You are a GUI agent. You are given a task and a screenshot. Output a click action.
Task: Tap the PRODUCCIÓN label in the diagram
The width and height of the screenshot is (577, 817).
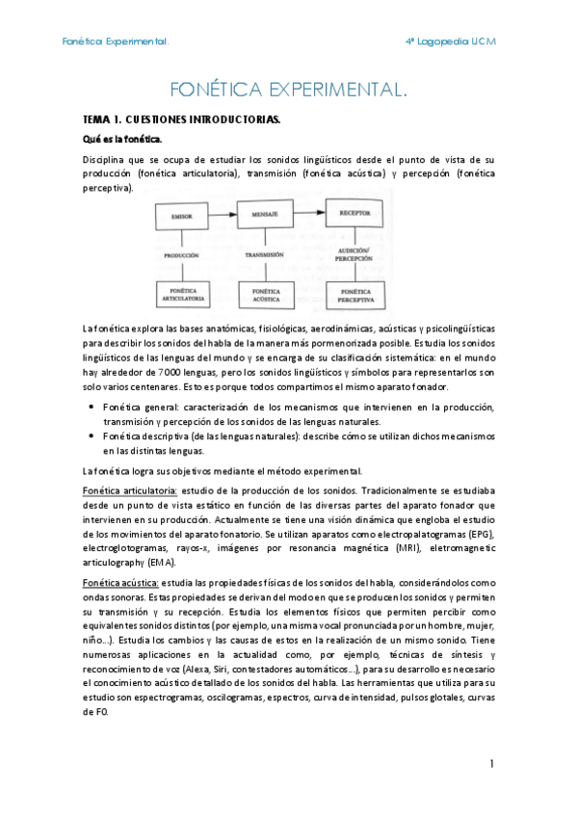click(181, 256)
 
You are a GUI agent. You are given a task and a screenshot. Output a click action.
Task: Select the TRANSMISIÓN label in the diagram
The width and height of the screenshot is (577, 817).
click(264, 254)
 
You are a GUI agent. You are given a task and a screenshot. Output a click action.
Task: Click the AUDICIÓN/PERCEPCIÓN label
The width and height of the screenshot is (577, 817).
click(354, 254)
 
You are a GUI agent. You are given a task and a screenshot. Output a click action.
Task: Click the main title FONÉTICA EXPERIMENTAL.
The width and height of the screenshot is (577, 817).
click(288, 91)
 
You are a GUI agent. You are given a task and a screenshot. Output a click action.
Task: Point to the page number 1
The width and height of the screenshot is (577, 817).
click(490, 764)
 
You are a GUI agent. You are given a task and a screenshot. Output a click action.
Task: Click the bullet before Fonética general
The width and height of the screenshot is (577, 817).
click(91, 408)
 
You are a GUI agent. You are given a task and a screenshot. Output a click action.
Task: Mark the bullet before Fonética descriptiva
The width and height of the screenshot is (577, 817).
click(91, 435)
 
